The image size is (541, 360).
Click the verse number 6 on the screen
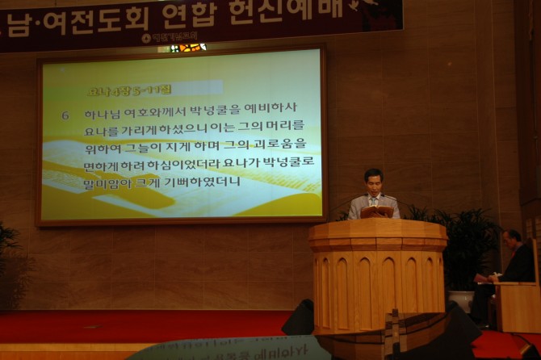(x=65, y=115)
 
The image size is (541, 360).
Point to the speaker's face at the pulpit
(x=373, y=180)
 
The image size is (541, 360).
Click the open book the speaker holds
(x=377, y=212)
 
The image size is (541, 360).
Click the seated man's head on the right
(x=513, y=239)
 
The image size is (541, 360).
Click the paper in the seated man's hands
(x=484, y=278)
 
